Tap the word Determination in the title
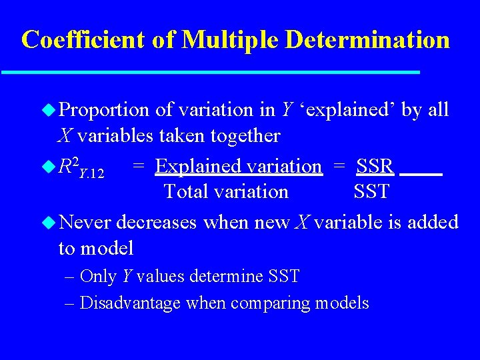coord(367,40)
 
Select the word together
coord(245,136)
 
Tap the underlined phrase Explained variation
coord(238,166)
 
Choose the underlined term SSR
coord(375,166)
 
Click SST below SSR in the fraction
coord(371,192)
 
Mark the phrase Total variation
coord(226,192)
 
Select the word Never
coord(87,221)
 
